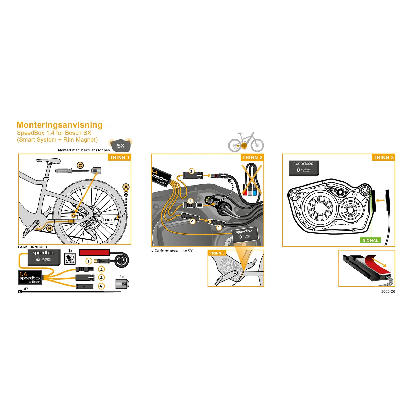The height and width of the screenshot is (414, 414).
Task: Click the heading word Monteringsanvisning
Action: pos(60,125)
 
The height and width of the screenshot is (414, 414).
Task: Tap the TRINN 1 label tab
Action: pos(119,158)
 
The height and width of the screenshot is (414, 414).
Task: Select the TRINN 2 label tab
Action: pos(252,158)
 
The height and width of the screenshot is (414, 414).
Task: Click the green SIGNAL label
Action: pos(370,240)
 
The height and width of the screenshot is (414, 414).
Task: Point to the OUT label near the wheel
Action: pos(109,220)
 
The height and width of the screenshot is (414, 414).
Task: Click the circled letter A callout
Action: pos(126,187)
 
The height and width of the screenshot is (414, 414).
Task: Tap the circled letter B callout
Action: pos(50,228)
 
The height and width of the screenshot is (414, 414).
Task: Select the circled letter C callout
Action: pos(80,165)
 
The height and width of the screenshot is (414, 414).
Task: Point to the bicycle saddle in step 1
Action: pos(48,161)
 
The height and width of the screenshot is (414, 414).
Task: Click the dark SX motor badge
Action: pos(121,146)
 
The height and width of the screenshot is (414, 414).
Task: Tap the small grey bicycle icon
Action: pos(246,143)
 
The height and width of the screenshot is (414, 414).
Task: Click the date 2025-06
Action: pos(388,292)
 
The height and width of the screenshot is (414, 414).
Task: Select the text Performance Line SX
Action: pos(173,251)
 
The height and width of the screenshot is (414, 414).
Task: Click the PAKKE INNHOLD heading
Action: pos(33,247)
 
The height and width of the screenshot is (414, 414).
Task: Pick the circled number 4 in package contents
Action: pos(101,286)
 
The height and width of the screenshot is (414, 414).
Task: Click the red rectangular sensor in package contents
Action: pos(94,252)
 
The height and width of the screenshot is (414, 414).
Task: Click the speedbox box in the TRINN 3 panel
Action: pos(304,168)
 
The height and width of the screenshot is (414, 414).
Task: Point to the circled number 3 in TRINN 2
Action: pos(191,171)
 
